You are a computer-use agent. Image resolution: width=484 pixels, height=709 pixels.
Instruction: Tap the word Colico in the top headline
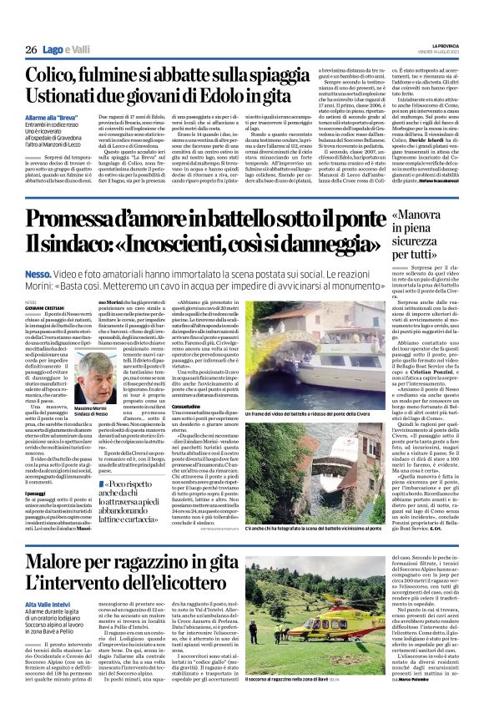point(58,76)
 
